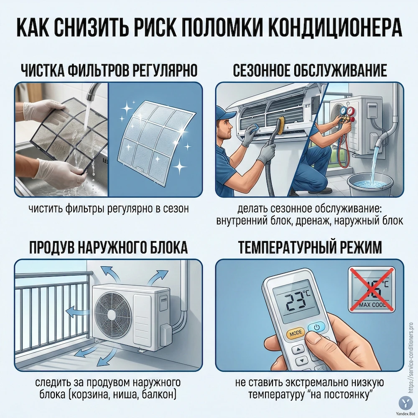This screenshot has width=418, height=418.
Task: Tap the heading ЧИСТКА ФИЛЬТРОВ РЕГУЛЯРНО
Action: click(x=108, y=69)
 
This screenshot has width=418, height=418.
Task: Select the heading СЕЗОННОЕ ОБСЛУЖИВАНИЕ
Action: click(x=310, y=69)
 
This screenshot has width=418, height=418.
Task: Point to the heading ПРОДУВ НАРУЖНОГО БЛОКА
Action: click(x=108, y=247)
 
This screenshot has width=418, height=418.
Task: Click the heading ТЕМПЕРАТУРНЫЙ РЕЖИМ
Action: click(x=310, y=247)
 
